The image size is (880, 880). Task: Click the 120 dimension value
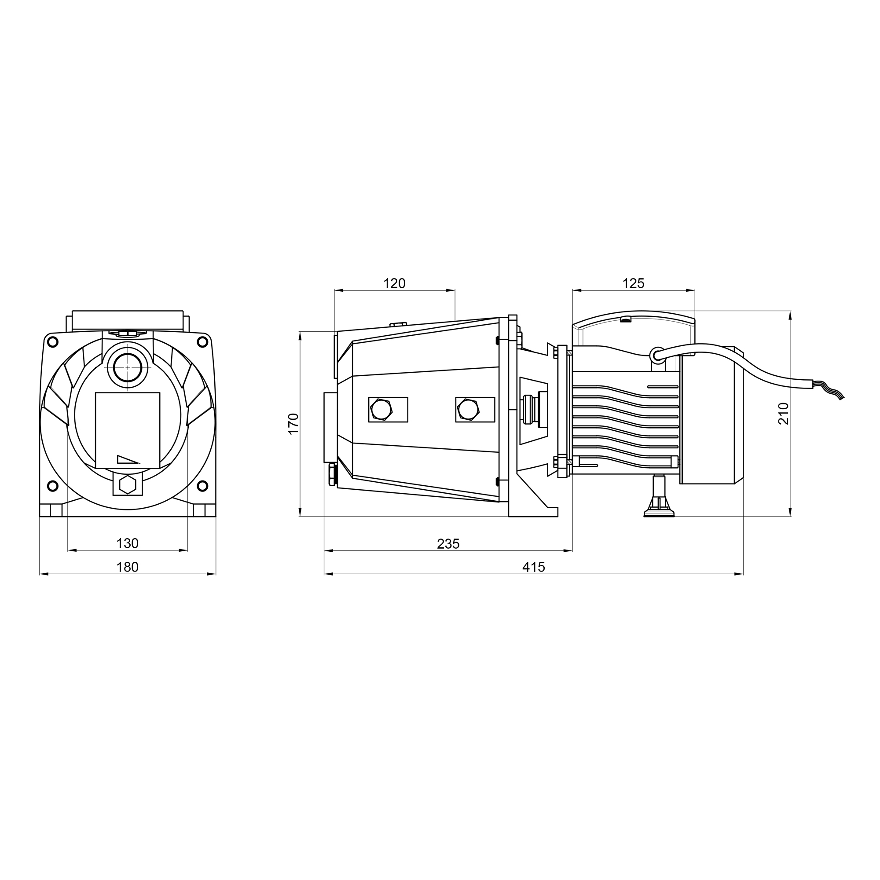394,283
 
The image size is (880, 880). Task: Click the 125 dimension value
634,283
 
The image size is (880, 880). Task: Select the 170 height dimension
294,424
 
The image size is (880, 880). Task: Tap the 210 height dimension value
783,414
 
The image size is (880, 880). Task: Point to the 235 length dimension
448,544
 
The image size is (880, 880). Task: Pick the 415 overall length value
533,567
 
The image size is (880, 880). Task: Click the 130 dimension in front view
128,543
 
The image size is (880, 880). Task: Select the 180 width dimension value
128,567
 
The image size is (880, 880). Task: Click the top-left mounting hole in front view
53,341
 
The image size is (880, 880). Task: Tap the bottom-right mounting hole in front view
203,486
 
